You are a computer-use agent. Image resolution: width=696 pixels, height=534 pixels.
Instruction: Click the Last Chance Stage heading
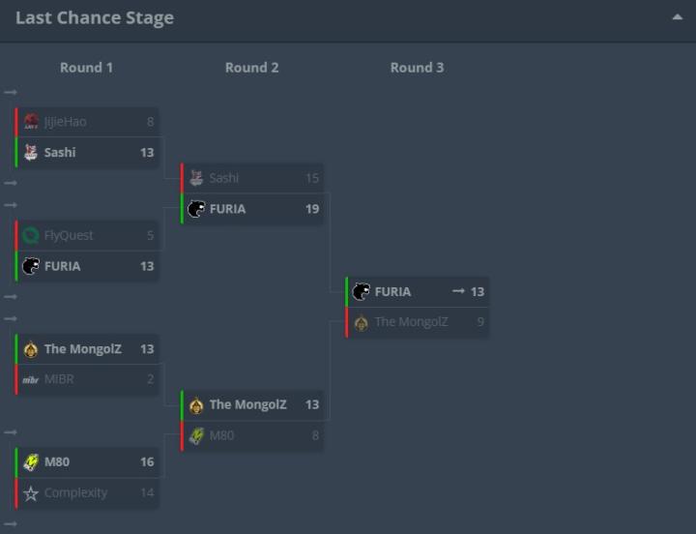pyautogui.click(x=95, y=18)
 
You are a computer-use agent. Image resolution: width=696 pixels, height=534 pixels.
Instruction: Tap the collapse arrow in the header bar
pyautogui.click(x=677, y=17)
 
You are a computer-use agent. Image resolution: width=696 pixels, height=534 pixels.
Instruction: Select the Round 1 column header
pyautogui.click(x=86, y=68)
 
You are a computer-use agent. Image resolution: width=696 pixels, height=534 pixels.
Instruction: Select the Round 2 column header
pyautogui.click(x=251, y=68)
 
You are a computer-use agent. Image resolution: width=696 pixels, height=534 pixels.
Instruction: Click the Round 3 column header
pyautogui.click(x=417, y=68)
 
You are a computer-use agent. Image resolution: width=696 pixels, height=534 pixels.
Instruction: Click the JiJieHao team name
pyautogui.click(x=65, y=122)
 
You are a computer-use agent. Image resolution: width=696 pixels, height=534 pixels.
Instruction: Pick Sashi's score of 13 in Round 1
pyautogui.click(x=147, y=153)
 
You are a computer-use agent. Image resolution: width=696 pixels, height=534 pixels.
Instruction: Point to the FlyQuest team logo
pyautogui.click(x=30, y=235)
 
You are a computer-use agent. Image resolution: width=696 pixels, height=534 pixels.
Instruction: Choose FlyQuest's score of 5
pyautogui.click(x=150, y=235)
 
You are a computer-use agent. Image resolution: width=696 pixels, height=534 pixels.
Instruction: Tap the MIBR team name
pyautogui.click(x=59, y=379)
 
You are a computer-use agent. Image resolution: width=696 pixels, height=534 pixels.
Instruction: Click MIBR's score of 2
pyautogui.click(x=150, y=379)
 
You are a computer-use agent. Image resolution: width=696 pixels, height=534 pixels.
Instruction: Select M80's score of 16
pyautogui.click(x=147, y=462)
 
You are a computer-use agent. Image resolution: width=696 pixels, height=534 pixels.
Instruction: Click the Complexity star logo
pyautogui.click(x=30, y=493)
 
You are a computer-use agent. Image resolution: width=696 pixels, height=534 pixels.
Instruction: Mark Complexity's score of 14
pyautogui.click(x=147, y=493)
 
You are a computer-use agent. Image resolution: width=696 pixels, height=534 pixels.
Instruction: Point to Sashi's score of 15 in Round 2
pyautogui.click(x=312, y=178)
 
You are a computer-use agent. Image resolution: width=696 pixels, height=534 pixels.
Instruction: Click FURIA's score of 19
pyautogui.click(x=312, y=209)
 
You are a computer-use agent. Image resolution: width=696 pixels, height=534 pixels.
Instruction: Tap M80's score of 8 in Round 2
pyautogui.click(x=315, y=436)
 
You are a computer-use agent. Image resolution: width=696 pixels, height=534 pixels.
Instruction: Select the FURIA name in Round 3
pyautogui.click(x=392, y=291)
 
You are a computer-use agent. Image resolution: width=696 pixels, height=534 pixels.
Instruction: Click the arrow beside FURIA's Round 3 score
pyautogui.click(x=458, y=291)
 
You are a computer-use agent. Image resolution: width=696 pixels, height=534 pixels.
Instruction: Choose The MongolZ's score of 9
pyautogui.click(x=480, y=322)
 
